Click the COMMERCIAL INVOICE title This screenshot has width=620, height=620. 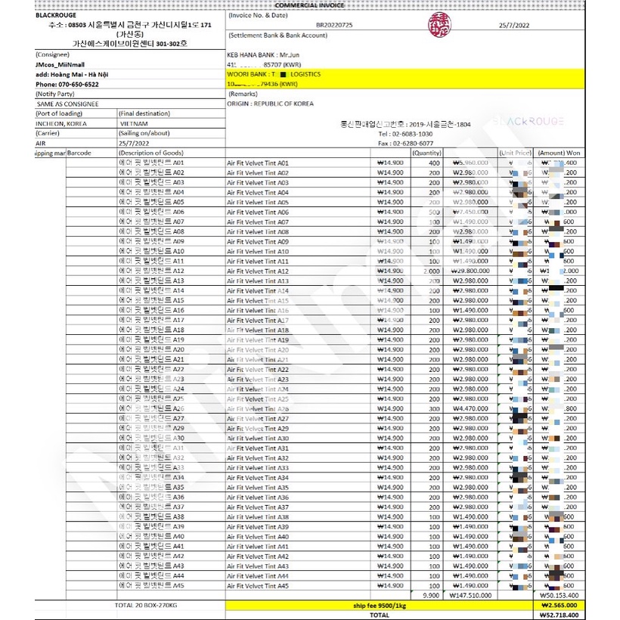coord(309,5)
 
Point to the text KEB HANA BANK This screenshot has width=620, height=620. coord(249,55)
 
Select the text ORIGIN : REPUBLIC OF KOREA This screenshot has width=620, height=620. coord(270,104)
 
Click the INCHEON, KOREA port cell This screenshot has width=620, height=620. coord(61,123)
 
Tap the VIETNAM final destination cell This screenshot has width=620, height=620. coord(134,123)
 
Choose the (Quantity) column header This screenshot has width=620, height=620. coord(427,153)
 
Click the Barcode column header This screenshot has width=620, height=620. coord(79,153)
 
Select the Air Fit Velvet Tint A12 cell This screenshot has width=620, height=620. coord(258,271)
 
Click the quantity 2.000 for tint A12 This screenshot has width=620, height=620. coord(431,271)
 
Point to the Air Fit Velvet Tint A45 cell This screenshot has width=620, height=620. coord(258,585)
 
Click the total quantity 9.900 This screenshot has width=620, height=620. coord(432,595)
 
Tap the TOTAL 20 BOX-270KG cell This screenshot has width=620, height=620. coord(146,605)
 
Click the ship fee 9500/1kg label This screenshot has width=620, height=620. coord(379,605)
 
